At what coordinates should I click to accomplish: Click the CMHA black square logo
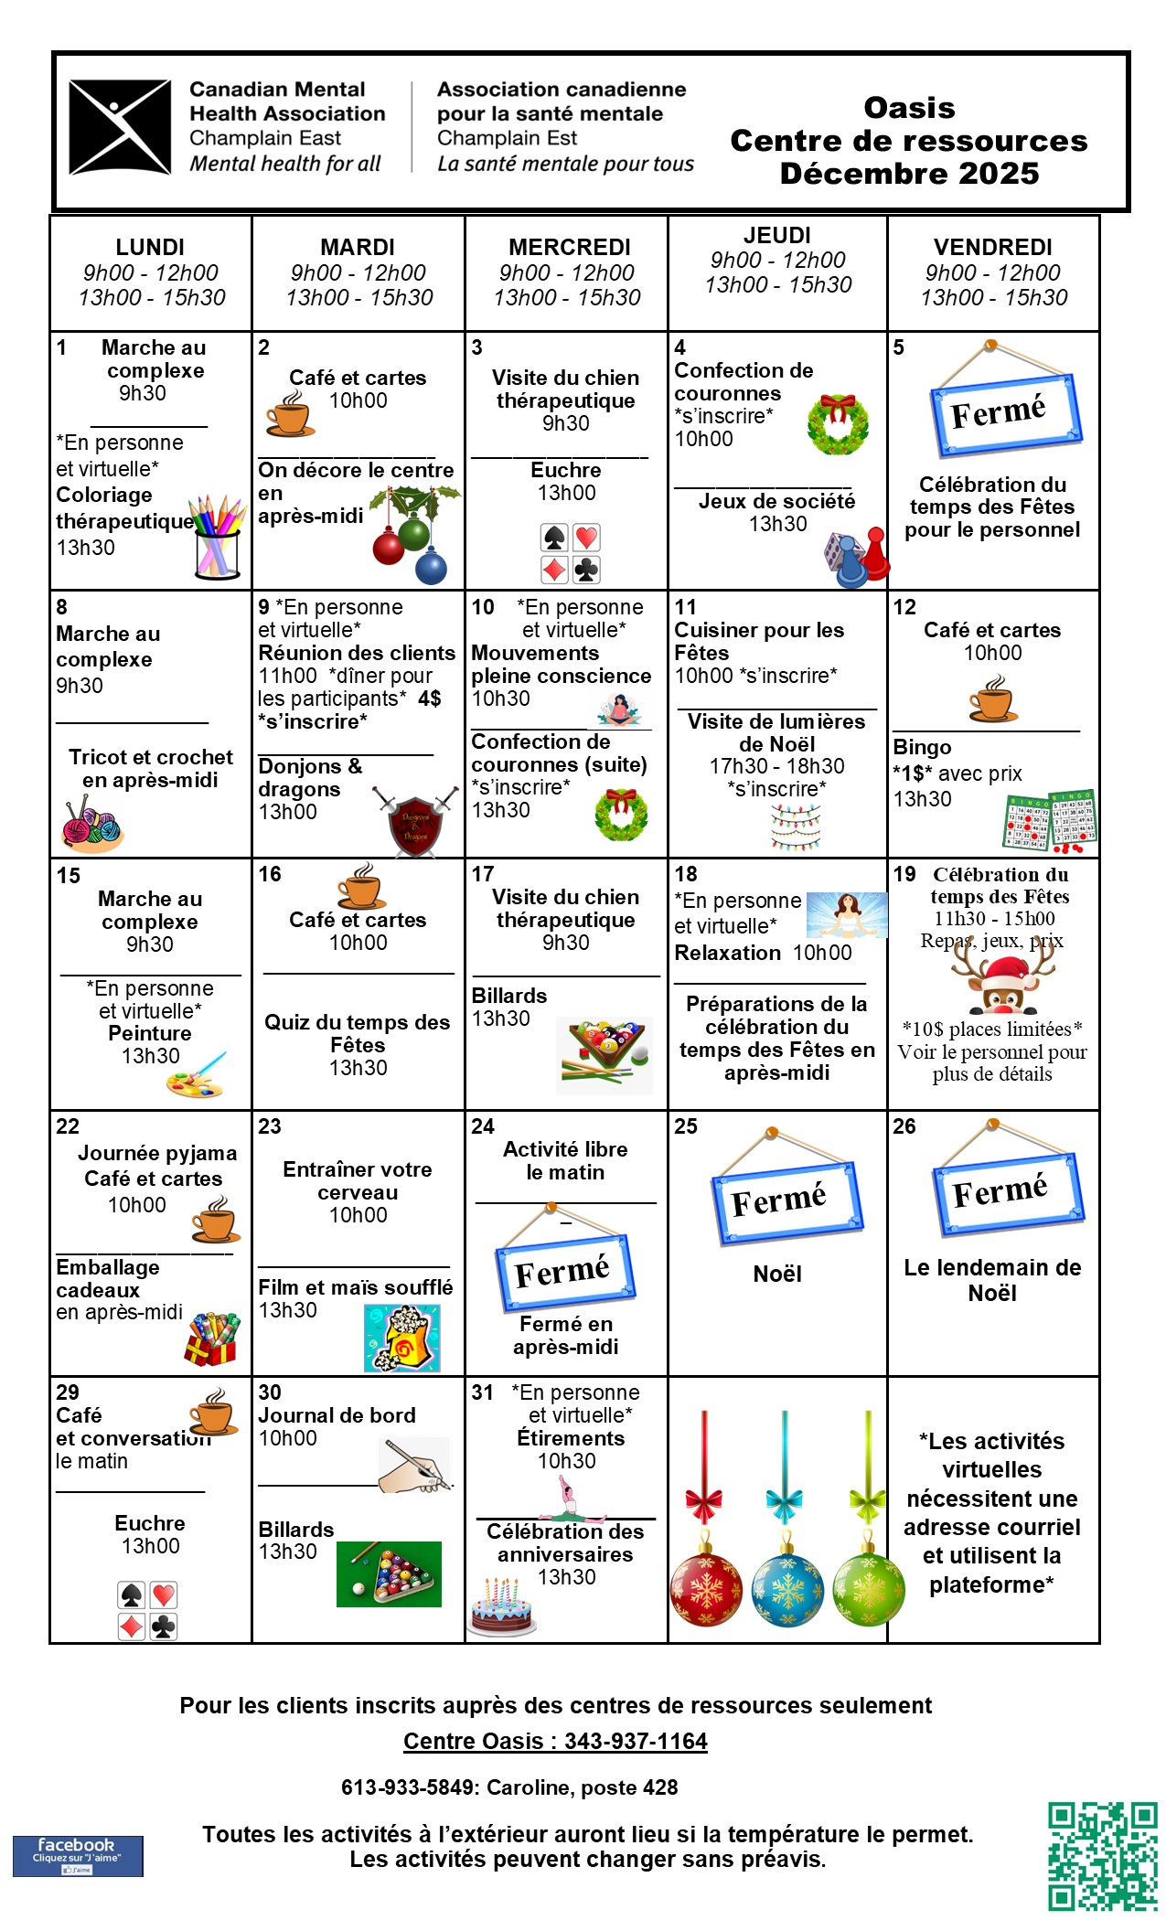pos(120,127)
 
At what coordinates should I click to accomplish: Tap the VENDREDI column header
pos(992,247)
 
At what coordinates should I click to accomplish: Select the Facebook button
pos(78,1856)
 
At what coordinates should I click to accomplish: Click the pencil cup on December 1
pos(217,539)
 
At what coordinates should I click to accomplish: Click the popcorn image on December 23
pos(402,1338)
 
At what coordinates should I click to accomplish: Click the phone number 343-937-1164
pos(636,1741)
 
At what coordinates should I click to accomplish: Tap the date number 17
pos(482,874)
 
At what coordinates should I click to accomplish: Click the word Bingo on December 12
pos(922,747)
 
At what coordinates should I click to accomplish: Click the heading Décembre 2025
pos(909,173)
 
